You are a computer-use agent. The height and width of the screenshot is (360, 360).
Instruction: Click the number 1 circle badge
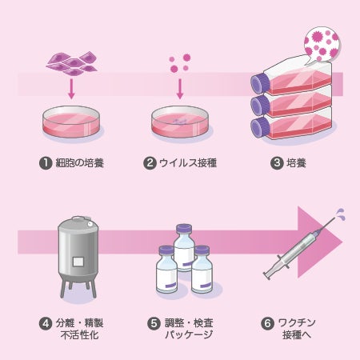(46, 163)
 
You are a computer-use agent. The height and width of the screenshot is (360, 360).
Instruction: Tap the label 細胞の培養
(80, 163)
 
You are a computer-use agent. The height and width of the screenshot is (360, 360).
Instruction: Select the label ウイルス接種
(188, 163)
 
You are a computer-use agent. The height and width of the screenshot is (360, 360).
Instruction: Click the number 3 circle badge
(277, 163)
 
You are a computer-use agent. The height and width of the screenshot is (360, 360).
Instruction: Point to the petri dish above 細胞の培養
(71, 122)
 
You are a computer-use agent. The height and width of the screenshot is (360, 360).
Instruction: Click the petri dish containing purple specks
(180, 122)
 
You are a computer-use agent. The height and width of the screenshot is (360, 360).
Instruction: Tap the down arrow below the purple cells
(71, 89)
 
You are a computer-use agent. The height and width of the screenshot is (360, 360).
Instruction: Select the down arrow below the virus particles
(180, 89)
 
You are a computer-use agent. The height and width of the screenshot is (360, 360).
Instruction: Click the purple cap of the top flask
(260, 83)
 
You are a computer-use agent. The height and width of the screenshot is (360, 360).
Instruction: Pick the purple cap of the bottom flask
(260, 128)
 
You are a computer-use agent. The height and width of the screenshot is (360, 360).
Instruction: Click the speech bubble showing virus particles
(322, 45)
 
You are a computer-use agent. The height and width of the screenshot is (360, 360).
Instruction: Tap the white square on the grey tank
(78, 262)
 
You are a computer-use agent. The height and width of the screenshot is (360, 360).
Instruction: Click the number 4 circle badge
(46, 323)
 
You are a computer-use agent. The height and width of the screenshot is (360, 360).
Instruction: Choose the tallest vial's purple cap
(184, 229)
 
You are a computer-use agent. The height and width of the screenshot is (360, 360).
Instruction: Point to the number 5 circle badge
(154, 323)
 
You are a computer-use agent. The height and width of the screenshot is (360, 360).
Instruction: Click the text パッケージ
(189, 334)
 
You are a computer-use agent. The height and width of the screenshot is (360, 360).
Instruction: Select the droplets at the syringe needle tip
(340, 214)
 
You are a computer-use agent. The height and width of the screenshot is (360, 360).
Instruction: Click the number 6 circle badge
(267, 323)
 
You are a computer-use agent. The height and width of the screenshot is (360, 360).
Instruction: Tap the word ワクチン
(297, 322)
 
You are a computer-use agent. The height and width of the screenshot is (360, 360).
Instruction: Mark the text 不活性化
(80, 335)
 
